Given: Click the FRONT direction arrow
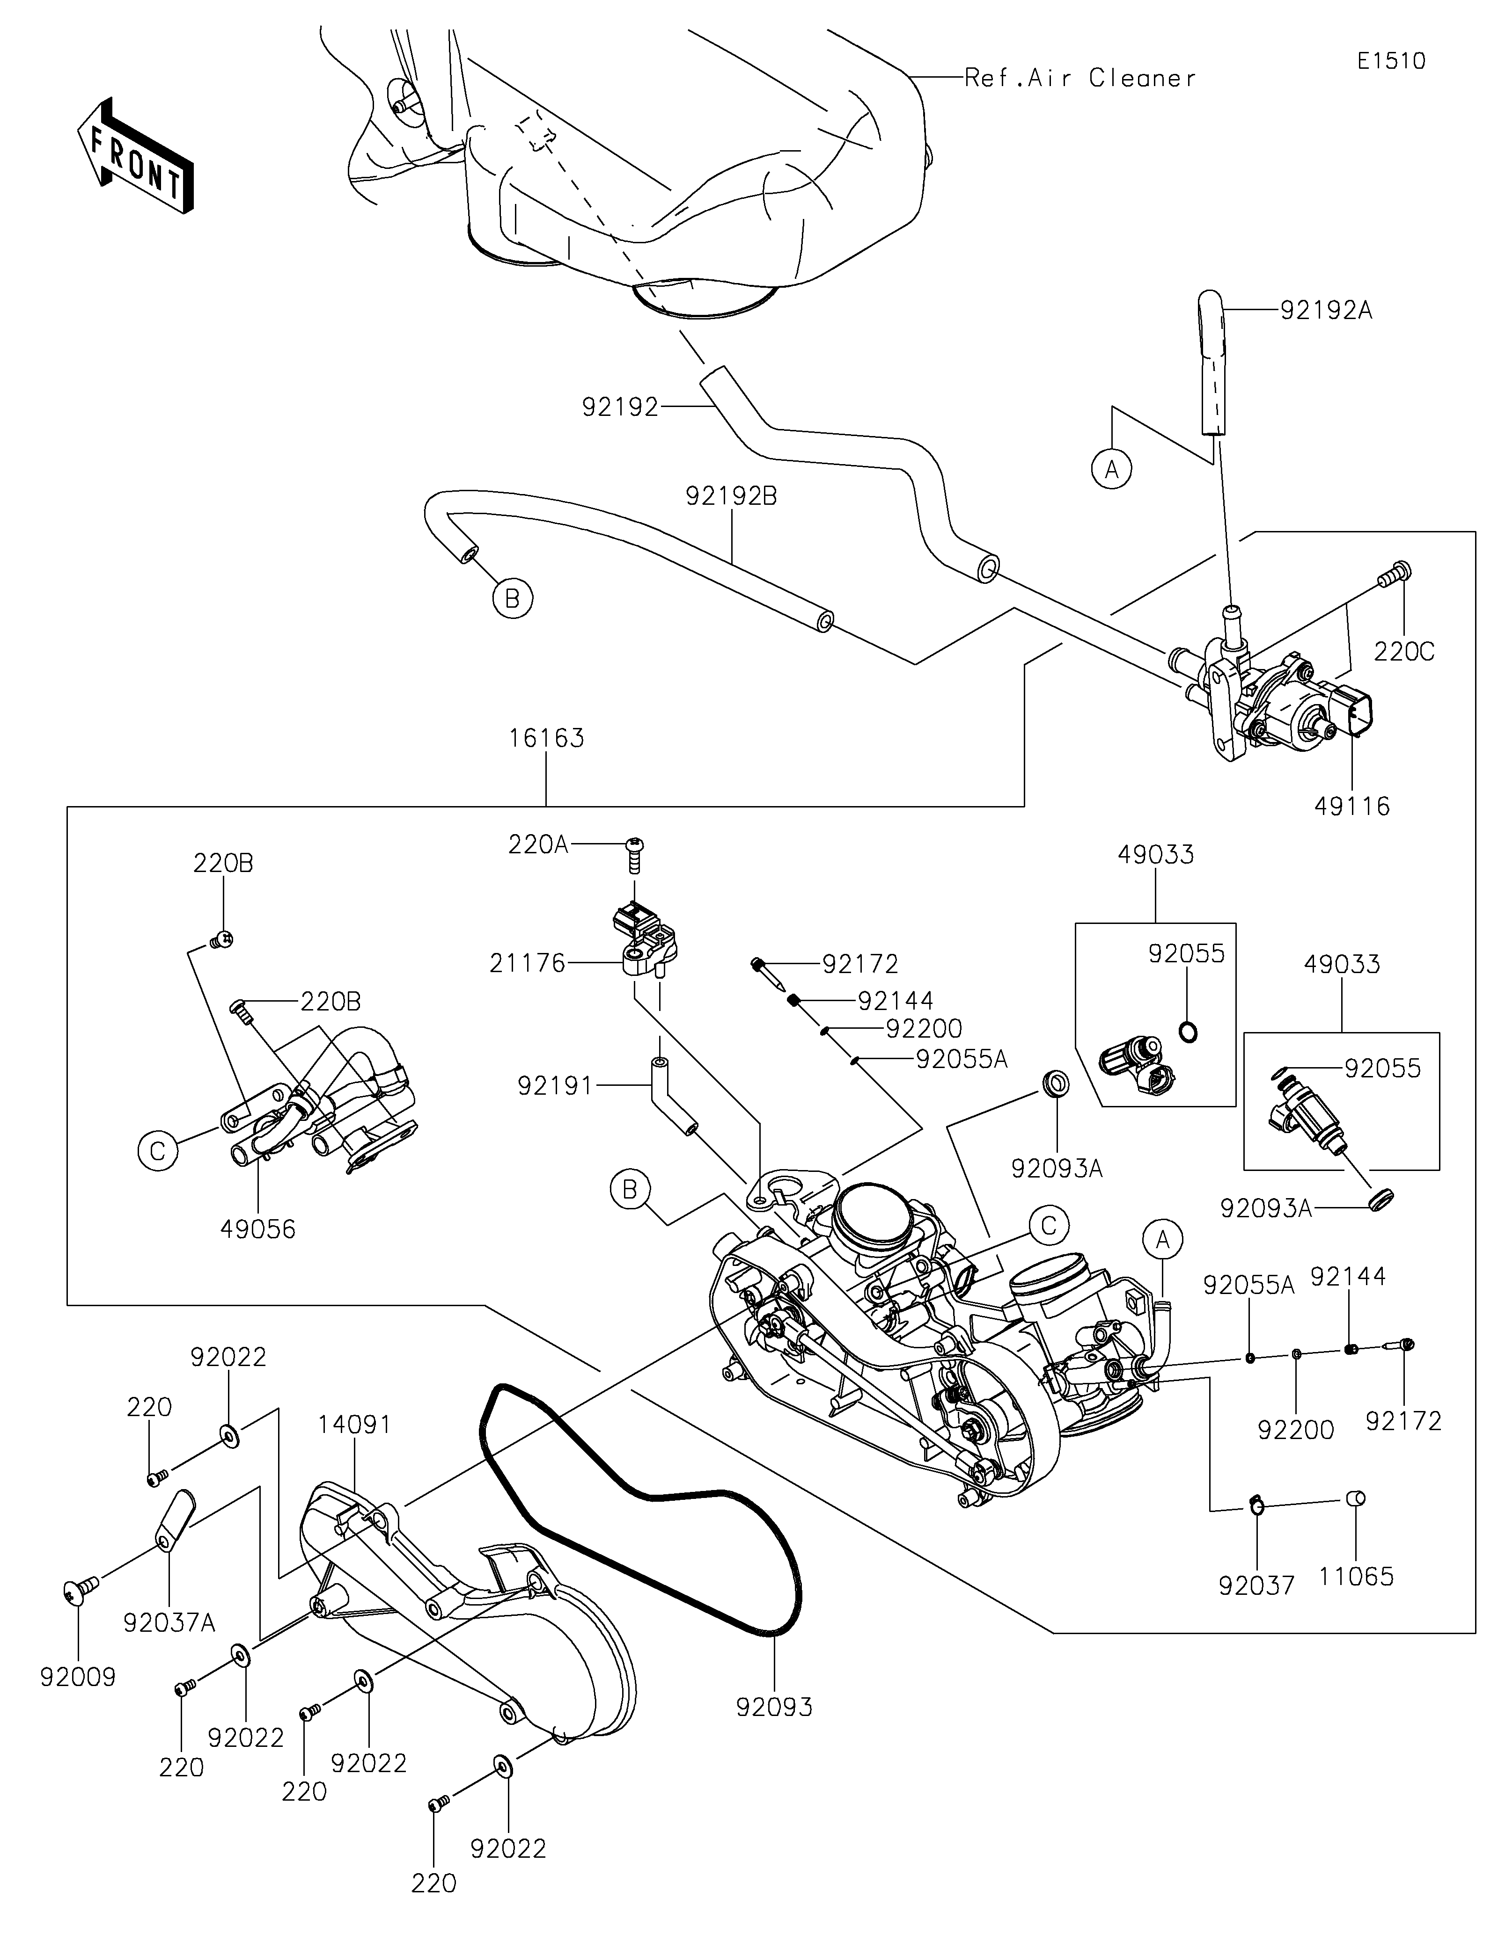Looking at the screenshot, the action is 135,156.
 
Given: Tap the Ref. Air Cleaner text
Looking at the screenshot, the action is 1080,79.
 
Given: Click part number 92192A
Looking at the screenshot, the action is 1326,311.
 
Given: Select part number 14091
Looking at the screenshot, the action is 354,1425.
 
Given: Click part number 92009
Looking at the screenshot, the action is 78,1677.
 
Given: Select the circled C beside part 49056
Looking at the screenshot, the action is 158,1151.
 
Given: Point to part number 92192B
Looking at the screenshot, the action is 732,497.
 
